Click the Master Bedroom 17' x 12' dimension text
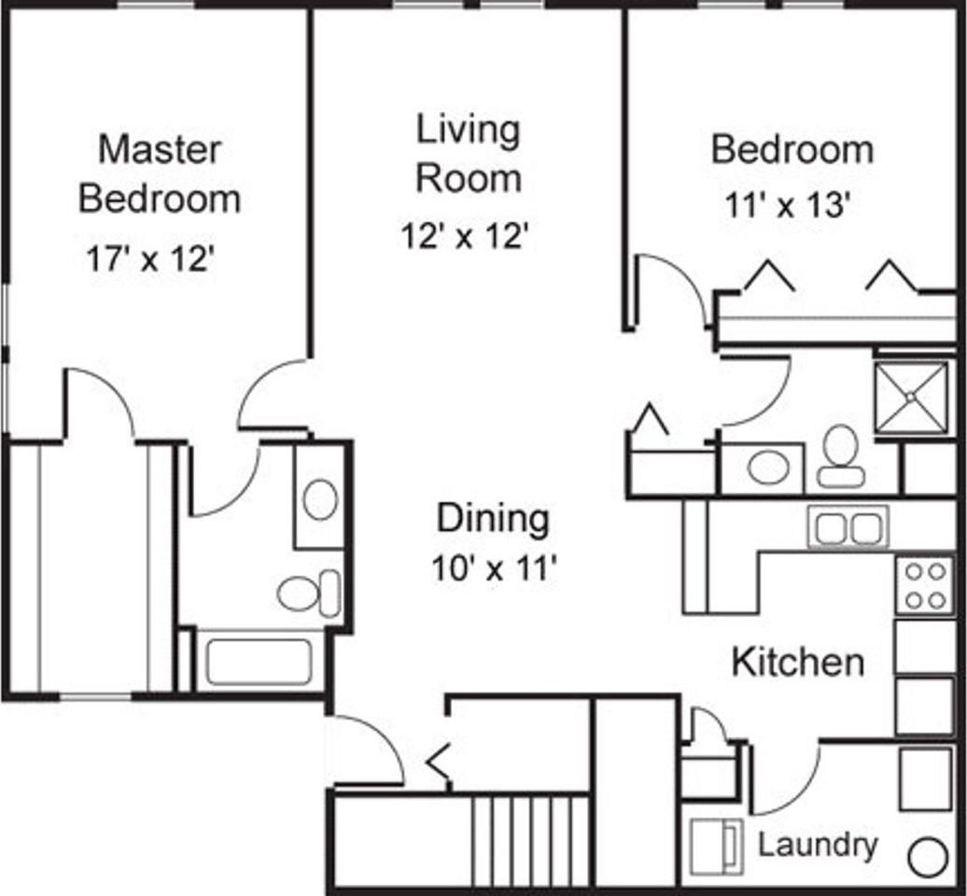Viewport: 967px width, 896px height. point(150,259)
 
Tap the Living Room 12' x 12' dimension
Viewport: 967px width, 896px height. point(465,235)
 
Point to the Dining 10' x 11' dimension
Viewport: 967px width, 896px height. point(495,568)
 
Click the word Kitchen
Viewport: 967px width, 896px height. point(798,662)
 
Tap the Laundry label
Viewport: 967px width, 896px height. point(817,845)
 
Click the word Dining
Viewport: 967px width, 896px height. point(493,519)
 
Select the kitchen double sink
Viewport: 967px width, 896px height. point(848,527)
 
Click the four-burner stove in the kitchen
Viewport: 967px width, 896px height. point(924,585)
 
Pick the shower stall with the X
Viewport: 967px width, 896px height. point(912,397)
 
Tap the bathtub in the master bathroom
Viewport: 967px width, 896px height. point(259,663)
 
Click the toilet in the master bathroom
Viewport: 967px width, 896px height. point(309,594)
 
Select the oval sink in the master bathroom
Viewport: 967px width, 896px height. point(320,499)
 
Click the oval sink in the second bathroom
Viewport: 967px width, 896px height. point(768,467)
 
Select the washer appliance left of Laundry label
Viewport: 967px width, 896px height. point(716,846)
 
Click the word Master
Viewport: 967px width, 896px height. point(160,150)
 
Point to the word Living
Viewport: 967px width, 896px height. point(469,132)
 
